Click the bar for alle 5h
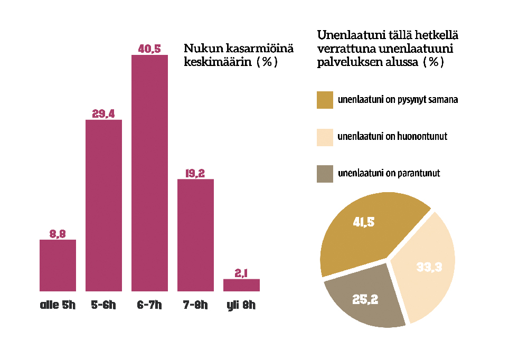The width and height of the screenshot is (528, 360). tap(58, 265)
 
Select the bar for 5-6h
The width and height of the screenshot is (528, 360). tap(103, 205)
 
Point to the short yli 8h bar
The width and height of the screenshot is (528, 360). tap(241, 285)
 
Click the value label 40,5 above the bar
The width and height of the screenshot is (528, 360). tap(149, 49)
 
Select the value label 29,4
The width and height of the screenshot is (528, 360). tap(103, 113)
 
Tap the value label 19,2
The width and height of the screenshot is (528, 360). tap(195, 173)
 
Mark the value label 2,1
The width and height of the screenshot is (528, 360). tap(241, 272)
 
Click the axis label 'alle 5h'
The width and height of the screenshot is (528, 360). tap(58, 305)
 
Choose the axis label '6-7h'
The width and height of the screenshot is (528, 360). tap(149, 305)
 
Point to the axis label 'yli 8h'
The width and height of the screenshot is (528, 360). tap(241, 305)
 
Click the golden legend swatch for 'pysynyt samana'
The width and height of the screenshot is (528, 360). tap(325, 100)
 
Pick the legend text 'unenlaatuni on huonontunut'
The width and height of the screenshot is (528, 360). tap(392, 137)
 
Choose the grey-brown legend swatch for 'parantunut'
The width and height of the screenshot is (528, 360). tap(325, 174)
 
